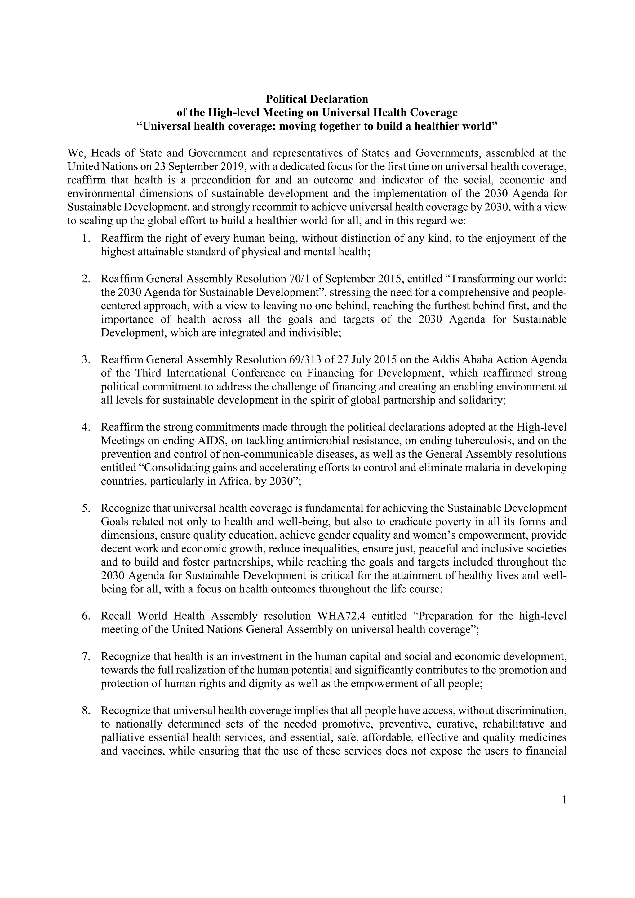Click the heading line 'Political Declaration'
pyautogui.click(x=317, y=99)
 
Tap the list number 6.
pyautogui.click(x=86, y=616)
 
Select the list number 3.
pyautogui.click(x=86, y=360)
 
